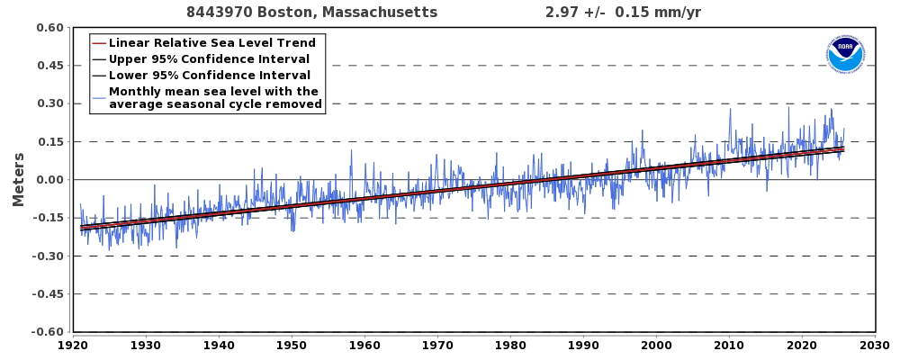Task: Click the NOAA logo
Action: click(x=844, y=55)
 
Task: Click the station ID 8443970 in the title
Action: click(x=219, y=13)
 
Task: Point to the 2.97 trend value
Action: click(x=562, y=13)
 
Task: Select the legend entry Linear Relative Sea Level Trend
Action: click(x=211, y=43)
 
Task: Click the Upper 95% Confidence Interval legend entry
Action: click(x=209, y=59)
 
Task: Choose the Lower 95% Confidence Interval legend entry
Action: click(x=209, y=76)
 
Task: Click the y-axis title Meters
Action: click(x=19, y=179)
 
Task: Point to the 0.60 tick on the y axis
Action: click(x=49, y=28)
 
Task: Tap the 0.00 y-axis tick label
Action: click(x=49, y=180)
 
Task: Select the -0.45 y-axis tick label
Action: click(x=48, y=294)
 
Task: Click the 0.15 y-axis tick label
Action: click(x=49, y=142)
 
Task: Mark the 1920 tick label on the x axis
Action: click(x=72, y=345)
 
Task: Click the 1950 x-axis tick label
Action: click(x=291, y=345)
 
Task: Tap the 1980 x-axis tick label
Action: click(x=509, y=345)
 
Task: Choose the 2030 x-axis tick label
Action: click(x=874, y=345)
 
